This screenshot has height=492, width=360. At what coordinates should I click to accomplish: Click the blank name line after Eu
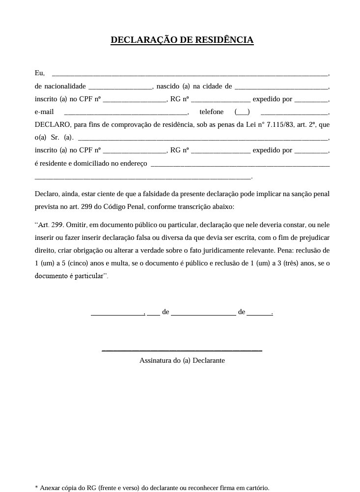pos(190,74)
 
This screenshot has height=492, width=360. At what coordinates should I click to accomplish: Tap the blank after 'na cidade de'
pos(281,87)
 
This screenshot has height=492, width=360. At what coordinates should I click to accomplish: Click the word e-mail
pos(44,112)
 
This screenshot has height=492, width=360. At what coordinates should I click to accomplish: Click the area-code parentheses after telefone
pos(242,112)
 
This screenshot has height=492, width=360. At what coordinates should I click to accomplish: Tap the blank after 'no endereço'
pos(240,163)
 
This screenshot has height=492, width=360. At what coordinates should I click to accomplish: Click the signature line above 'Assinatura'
pos(182,350)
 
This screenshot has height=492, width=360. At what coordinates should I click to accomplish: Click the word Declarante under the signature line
pos(209,360)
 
